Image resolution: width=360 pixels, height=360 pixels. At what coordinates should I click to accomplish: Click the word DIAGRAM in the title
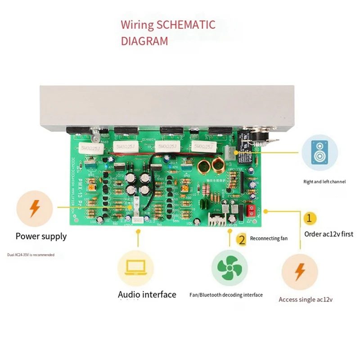144,41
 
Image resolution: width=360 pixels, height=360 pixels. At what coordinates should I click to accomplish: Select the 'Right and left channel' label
324,182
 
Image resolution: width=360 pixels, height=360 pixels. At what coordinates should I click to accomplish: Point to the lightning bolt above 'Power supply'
34,207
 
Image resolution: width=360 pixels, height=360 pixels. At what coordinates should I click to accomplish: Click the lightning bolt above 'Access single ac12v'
299,272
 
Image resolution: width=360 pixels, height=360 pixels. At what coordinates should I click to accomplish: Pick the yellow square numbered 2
242,239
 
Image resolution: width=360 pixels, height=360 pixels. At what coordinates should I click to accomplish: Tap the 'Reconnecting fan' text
269,238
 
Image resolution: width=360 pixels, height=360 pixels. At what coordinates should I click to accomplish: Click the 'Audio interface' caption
147,295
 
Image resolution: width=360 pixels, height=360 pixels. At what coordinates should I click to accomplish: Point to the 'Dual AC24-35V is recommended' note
31,255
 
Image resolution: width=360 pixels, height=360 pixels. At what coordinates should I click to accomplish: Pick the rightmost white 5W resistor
204,147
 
